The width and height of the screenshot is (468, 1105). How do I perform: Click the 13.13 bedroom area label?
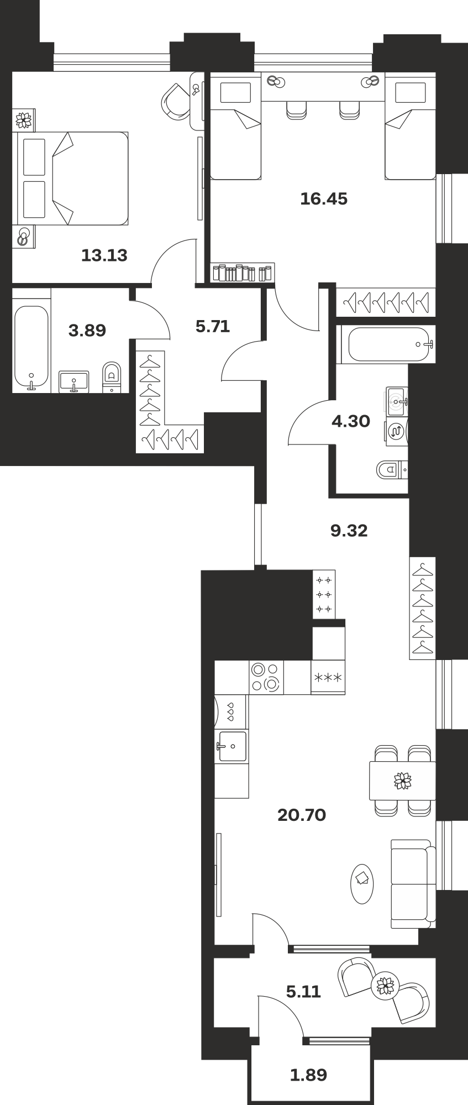[x=104, y=255]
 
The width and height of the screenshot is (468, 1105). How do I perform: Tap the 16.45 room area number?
[x=324, y=198]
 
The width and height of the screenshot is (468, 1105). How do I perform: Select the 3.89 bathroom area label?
[x=87, y=331]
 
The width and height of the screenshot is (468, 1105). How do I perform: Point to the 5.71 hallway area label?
[x=213, y=326]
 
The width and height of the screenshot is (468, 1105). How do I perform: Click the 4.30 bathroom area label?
[x=351, y=421]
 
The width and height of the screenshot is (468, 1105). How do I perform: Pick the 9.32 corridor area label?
[x=349, y=531]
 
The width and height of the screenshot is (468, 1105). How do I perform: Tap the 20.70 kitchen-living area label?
[x=302, y=815]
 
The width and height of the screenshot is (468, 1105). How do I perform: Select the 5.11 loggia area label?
[x=303, y=992]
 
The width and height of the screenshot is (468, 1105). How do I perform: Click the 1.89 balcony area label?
[x=308, y=1075]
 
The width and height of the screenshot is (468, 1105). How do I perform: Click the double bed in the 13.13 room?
[x=71, y=178]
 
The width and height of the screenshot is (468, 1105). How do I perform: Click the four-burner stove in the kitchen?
[x=266, y=677]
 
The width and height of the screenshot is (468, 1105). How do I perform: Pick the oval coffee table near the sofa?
[x=362, y=883]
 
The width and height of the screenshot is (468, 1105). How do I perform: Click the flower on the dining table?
[x=403, y=781]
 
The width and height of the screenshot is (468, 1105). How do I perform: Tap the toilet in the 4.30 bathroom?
[x=393, y=470]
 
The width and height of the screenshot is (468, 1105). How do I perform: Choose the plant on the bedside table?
[x=23, y=119]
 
